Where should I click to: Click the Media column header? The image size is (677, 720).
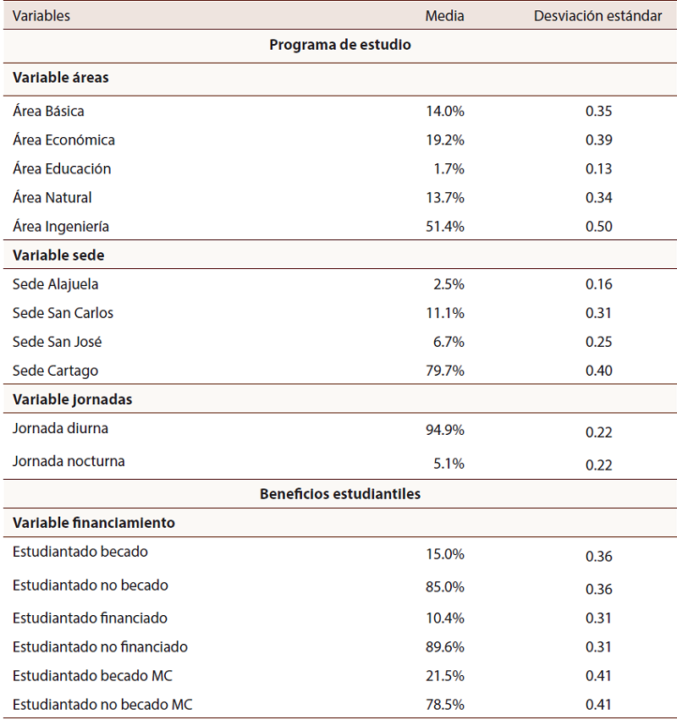(x=444, y=16)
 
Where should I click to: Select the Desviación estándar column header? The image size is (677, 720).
(x=597, y=16)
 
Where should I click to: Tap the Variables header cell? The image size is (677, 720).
(x=41, y=16)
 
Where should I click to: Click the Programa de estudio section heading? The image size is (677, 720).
(x=340, y=45)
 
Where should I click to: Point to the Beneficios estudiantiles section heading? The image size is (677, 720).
(x=340, y=494)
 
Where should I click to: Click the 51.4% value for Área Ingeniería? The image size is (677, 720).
(x=445, y=227)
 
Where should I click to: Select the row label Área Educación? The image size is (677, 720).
(x=62, y=168)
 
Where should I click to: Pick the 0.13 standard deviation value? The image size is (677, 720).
(x=598, y=168)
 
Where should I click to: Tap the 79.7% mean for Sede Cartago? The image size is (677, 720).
(x=445, y=371)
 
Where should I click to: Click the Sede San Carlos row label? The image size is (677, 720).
(x=63, y=313)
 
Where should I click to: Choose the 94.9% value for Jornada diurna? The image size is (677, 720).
(x=445, y=430)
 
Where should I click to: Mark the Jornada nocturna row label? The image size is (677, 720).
(x=69, y=461)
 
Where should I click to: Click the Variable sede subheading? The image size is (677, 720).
(x=58, y=256)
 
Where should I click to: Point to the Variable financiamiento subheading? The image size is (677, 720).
(x=94, y=523)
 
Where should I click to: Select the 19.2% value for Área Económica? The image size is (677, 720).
(x=445, y=140)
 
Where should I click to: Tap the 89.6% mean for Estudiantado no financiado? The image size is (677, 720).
(x=445, y=647)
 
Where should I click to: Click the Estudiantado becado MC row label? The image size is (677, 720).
(x=92, y=675)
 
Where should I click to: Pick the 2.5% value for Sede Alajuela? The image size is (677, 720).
(x=449, y=284)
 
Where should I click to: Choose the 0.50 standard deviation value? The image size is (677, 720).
(x=598, y=227)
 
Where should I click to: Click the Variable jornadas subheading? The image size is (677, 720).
(x=72, y=399)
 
